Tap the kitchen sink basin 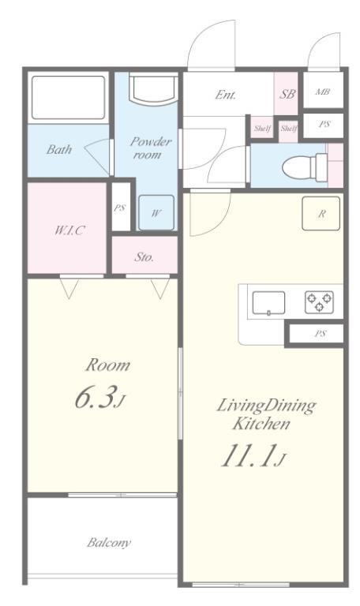[x=268, y=303]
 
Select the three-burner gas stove [x=320, y=302]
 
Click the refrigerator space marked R [x=321, y=214]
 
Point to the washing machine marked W [x=156, y=212]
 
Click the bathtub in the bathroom [x=68, y=97]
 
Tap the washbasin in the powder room [x=153, y=89]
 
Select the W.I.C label [x=69, y=230]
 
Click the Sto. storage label [x=144, y=257]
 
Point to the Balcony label [x=109, y=543]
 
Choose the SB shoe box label [x=287, y=94]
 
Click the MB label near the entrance [x=322, y=92]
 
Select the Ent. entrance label [x=225, y=95]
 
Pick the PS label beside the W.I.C [x=119, y=208]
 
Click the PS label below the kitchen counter [x=321, y=334]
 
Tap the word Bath [x=59, y=149]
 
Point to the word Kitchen [x=261, y=424]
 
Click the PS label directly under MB [x=324, y=125]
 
